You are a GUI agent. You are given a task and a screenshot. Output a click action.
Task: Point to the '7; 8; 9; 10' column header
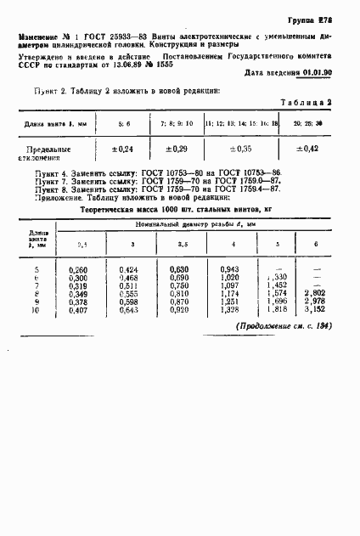[176, 123]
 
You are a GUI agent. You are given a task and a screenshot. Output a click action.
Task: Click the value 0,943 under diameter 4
[231, 270]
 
